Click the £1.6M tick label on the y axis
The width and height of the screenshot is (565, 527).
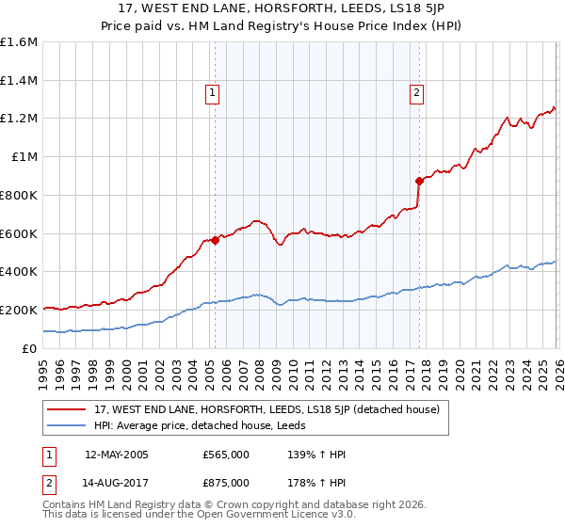(x=19, y=42)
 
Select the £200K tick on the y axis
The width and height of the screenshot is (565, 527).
(x=19, y=310)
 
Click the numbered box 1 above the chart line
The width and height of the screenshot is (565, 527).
(x=213, y=93)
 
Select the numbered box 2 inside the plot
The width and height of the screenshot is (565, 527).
(x=416, y=93)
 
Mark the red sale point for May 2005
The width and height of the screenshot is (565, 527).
(x=215, y=240)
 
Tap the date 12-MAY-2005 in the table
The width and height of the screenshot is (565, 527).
(x=117, y=455)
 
